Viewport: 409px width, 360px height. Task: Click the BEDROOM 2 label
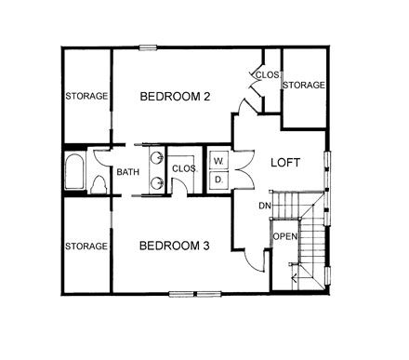(x=175, y=97)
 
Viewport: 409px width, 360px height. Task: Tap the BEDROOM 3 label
(x=175, y=246)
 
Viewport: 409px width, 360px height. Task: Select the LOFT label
(x=285, y=163)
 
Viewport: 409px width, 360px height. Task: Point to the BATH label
(x=128, y=172)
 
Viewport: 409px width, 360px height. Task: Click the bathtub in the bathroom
(x=74, y=171)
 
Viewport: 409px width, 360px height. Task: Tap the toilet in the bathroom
(x=99, y=185)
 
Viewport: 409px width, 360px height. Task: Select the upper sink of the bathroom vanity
(x=157, y=157)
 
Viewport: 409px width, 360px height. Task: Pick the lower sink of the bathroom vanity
(x=157, y=183)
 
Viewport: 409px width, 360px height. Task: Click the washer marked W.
(x=219, y=161)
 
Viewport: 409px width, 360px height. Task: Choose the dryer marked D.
(x=219, y=180)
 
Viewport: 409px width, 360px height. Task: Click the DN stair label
(x=265, y=206)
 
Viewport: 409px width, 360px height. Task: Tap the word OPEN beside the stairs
(x=285, y=236)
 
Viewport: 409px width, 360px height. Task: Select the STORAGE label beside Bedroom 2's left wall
(x=86, y=96)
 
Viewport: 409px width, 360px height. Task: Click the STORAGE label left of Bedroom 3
(x=86, y=247)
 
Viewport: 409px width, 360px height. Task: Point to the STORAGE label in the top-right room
(x=304, y=85)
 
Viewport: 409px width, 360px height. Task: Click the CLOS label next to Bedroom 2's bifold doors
(x=268, y=75)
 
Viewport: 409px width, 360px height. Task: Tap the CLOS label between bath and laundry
(x=184, y=168)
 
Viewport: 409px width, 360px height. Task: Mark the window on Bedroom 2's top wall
(x=148, y=47)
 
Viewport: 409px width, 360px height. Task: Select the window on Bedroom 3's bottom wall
(x=195, y=294)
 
